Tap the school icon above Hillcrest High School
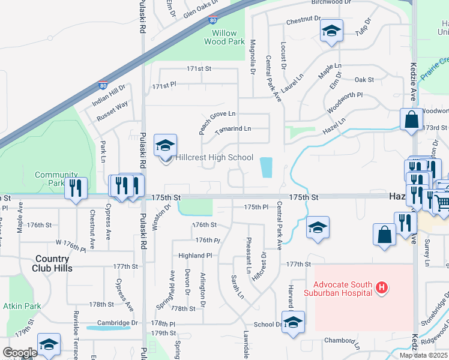[165, 145]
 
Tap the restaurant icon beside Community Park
[75, 188]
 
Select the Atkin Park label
[22, 306]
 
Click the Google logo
[20, 352]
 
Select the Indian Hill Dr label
[108, 96]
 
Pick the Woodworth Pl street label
[345, 103]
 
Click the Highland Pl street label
[195, 256]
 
